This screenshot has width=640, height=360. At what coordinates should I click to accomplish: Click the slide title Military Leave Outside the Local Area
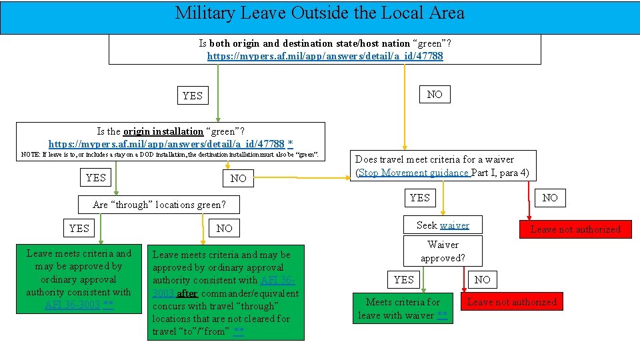point(319,13)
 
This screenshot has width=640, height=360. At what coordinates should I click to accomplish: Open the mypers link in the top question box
point(325,56)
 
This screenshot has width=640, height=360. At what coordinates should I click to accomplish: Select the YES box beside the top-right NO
point(192,95)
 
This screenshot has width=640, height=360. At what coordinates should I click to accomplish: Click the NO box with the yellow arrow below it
point(435,94)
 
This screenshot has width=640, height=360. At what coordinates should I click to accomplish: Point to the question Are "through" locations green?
point(159,205)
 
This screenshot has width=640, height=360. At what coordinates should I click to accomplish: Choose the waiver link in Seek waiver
point(454,225)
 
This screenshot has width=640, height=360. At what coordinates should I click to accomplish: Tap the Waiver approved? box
point(443,251)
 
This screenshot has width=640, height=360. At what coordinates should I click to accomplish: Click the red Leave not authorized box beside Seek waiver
point(575,229)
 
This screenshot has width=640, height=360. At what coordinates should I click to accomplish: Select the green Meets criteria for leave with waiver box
point(403,308)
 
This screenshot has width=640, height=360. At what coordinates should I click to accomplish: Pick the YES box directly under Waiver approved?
point(403,279)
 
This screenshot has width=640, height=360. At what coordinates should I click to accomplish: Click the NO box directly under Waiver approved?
point(482,279)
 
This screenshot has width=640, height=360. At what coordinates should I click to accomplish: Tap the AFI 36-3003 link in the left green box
point(73,305)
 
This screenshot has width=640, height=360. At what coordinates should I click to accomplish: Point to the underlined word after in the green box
point(187,293)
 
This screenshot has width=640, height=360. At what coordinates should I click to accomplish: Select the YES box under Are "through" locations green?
point(79,228)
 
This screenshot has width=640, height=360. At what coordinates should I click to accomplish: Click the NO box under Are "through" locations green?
point(225,228)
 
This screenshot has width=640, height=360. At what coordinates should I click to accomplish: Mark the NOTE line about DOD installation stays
point(170,155)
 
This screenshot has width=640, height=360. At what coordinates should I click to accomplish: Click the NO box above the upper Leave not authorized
point(550,197)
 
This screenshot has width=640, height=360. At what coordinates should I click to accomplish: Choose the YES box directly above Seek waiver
point(419,197)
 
